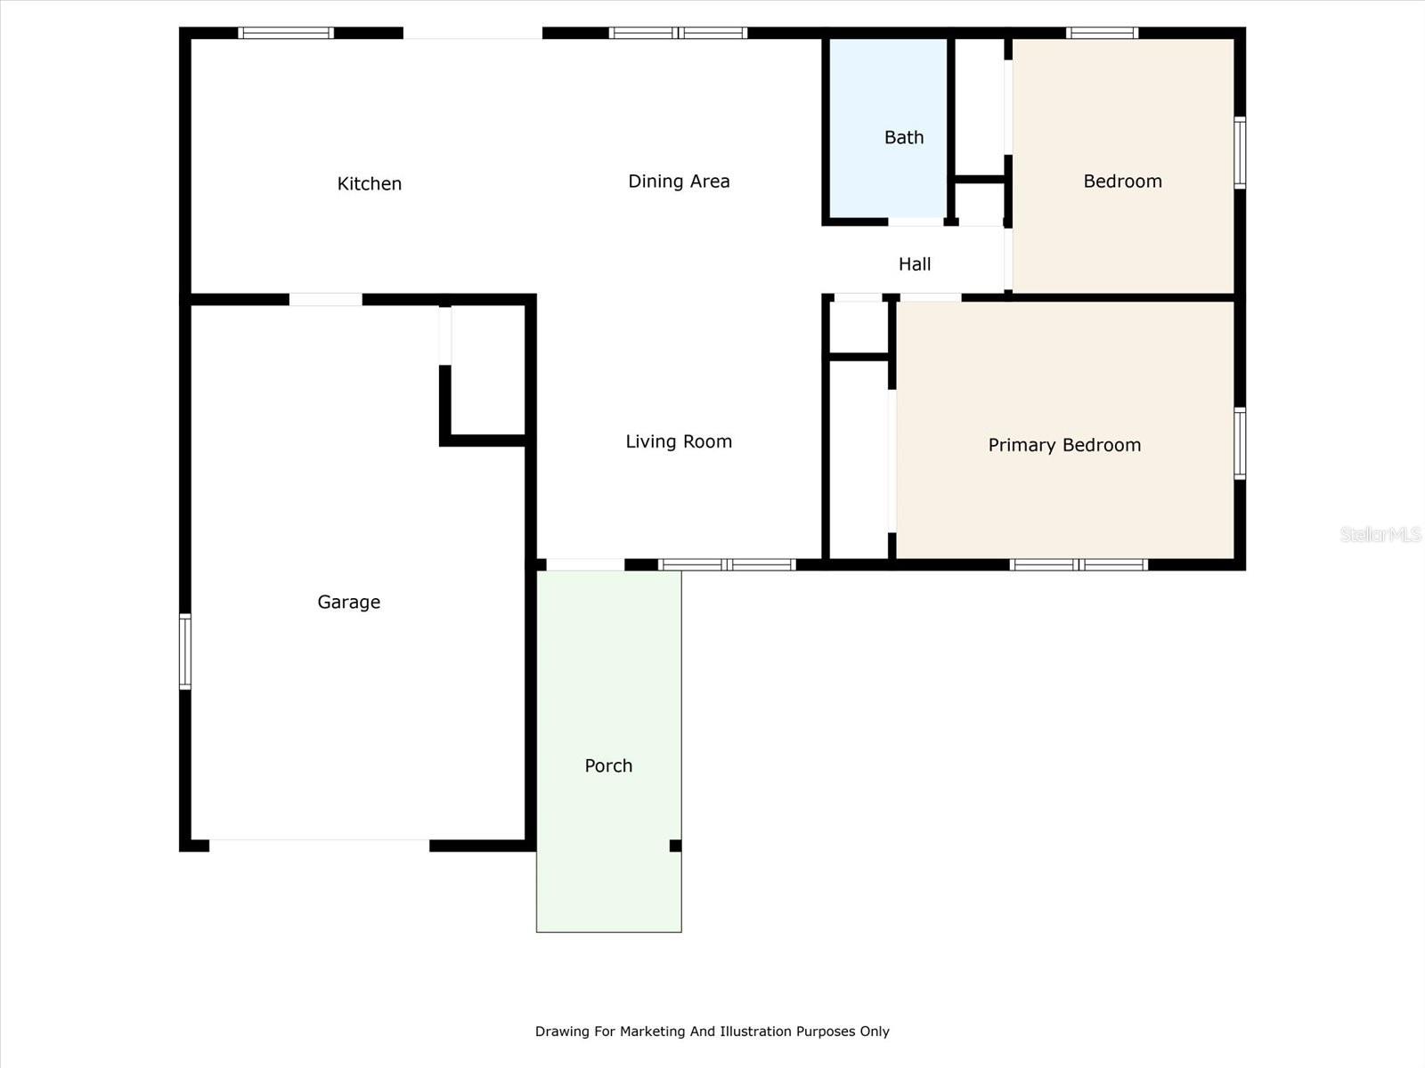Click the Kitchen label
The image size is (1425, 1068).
[369, 184]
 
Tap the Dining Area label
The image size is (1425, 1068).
[679, 182]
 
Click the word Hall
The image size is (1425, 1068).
[915, 264]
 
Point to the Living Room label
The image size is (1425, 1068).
[679, 441]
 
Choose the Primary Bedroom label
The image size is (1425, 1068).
[1064, 445]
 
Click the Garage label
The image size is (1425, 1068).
[348, 603]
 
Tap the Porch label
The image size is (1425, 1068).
[608, 766]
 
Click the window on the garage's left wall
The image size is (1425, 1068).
[185, 651]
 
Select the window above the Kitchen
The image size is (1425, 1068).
[286, 34]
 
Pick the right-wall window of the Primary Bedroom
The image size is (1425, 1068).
[1239, 443]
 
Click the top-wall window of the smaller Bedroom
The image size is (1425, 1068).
[1102, 34]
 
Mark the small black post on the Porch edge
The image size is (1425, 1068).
[675, 845]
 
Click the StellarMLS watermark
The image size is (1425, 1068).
[1380, 534]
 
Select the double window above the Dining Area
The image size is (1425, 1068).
[678, 34]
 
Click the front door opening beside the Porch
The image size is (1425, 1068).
[584, 564]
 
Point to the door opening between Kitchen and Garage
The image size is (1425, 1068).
[325, 300]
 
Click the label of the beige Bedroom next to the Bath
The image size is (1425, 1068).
[1122, 182]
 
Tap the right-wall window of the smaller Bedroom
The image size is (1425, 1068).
[1239, 152]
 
